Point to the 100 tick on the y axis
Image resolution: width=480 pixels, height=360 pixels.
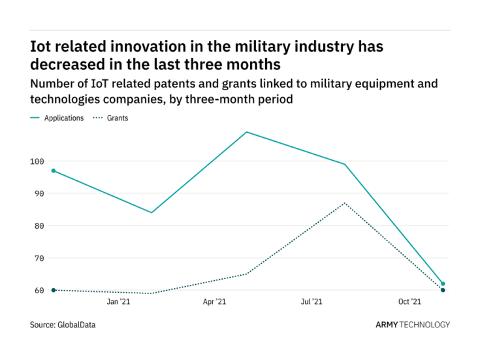[x=37, y=161]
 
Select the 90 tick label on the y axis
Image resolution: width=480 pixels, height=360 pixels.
[x=39, y=193]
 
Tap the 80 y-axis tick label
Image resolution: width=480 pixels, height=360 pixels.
[x=39, y=226]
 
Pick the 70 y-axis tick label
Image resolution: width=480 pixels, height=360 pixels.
[x=39, y=258]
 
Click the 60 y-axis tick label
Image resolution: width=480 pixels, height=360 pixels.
[x=39, y=290]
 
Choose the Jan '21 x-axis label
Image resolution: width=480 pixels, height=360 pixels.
[x=118, y=302]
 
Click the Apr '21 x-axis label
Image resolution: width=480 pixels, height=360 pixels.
[x=215, y=302]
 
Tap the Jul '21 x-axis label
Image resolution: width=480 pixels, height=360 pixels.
[x=312, y=302]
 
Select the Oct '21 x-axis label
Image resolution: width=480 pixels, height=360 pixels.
[x=409, y=302]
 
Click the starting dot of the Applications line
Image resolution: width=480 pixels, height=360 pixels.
[x=54, y=171]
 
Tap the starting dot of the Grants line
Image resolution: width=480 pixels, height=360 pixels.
[x=54, y=290]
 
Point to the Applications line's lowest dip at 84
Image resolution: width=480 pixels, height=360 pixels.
[x=152, y=212]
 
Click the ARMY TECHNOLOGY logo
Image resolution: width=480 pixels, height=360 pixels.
[x=412, y=325]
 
